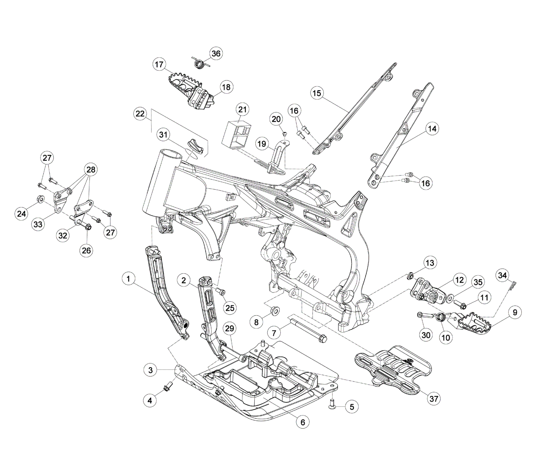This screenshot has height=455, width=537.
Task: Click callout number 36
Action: point(216,54)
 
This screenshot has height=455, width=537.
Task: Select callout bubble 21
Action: point(242,110)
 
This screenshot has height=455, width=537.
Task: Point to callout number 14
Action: point(432,129)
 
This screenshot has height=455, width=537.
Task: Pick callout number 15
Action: point(317,93)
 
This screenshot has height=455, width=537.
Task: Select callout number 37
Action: point(434,399)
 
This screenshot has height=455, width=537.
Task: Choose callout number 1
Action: point(128,278)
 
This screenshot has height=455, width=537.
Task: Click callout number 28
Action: point(91,170)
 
